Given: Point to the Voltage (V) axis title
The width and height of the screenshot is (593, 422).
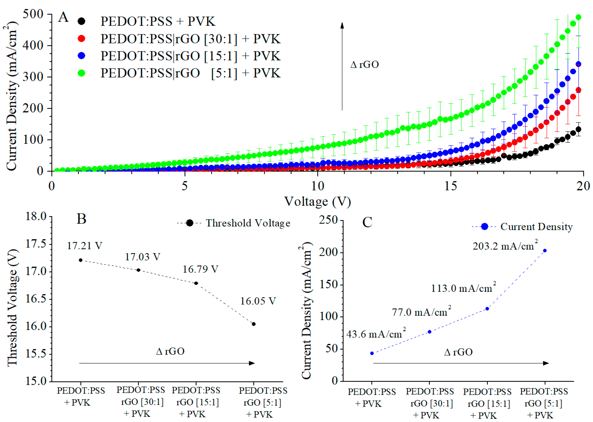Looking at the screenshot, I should (317, 202).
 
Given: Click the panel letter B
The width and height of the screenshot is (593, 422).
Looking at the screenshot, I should (81, 219).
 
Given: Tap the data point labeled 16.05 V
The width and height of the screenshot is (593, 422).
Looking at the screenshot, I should (254, 324).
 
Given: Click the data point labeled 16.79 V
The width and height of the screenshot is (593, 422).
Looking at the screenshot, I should (196, 283).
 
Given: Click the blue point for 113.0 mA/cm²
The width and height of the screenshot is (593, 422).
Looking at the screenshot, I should (487, 309).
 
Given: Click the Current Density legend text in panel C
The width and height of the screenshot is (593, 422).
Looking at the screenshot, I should (536, 227).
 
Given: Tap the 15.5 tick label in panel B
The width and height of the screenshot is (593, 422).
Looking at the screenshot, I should (36, 354).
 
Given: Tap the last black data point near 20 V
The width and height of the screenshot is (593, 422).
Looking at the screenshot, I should (578, 129).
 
